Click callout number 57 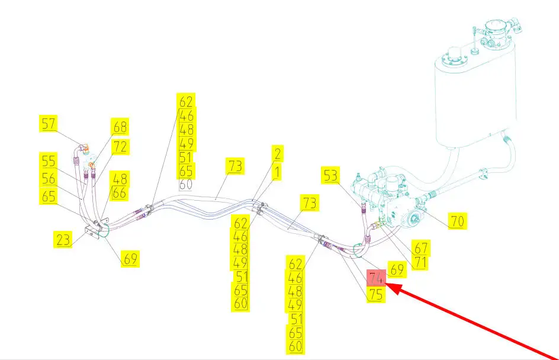pyautogui.click(x=49, y=124)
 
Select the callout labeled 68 pyautogui.click(x=120, y=127)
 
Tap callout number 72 pyautogui.click(x=120, y=146)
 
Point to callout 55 pyautogui.click(x=49, y=160)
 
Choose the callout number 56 pyautogui.click(x=49, y=178)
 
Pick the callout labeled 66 pyautogui.click(x=119, y=193)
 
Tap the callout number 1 pyautogui.click(x=277, y=172)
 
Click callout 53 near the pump pyautogui.click(x=331, y=175)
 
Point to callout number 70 pyautogui.click(x=457, y=221)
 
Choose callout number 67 pyautogui.click(x=421, y=247)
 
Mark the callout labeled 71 pyautogui.click(x=420, y=262)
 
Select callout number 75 pyautogui.click(x=376, y=295)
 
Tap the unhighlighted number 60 pyautogui.click(x=186, y=184)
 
